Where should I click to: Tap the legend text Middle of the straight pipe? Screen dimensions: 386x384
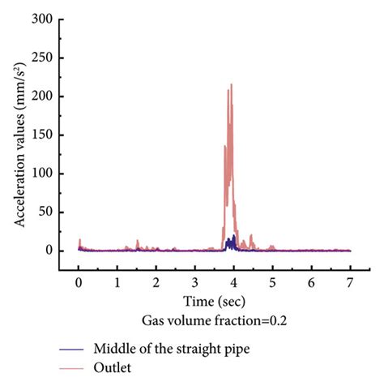(170, 350)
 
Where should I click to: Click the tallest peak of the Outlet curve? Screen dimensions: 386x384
(232, 84)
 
